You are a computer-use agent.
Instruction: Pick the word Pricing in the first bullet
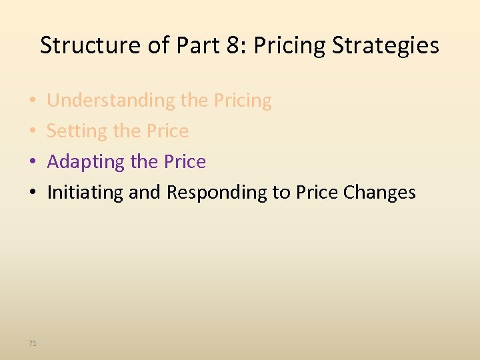tap(243, 101)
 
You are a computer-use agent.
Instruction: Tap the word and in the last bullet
tap(145, 193)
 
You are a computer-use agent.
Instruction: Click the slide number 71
tap(33, 343)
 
